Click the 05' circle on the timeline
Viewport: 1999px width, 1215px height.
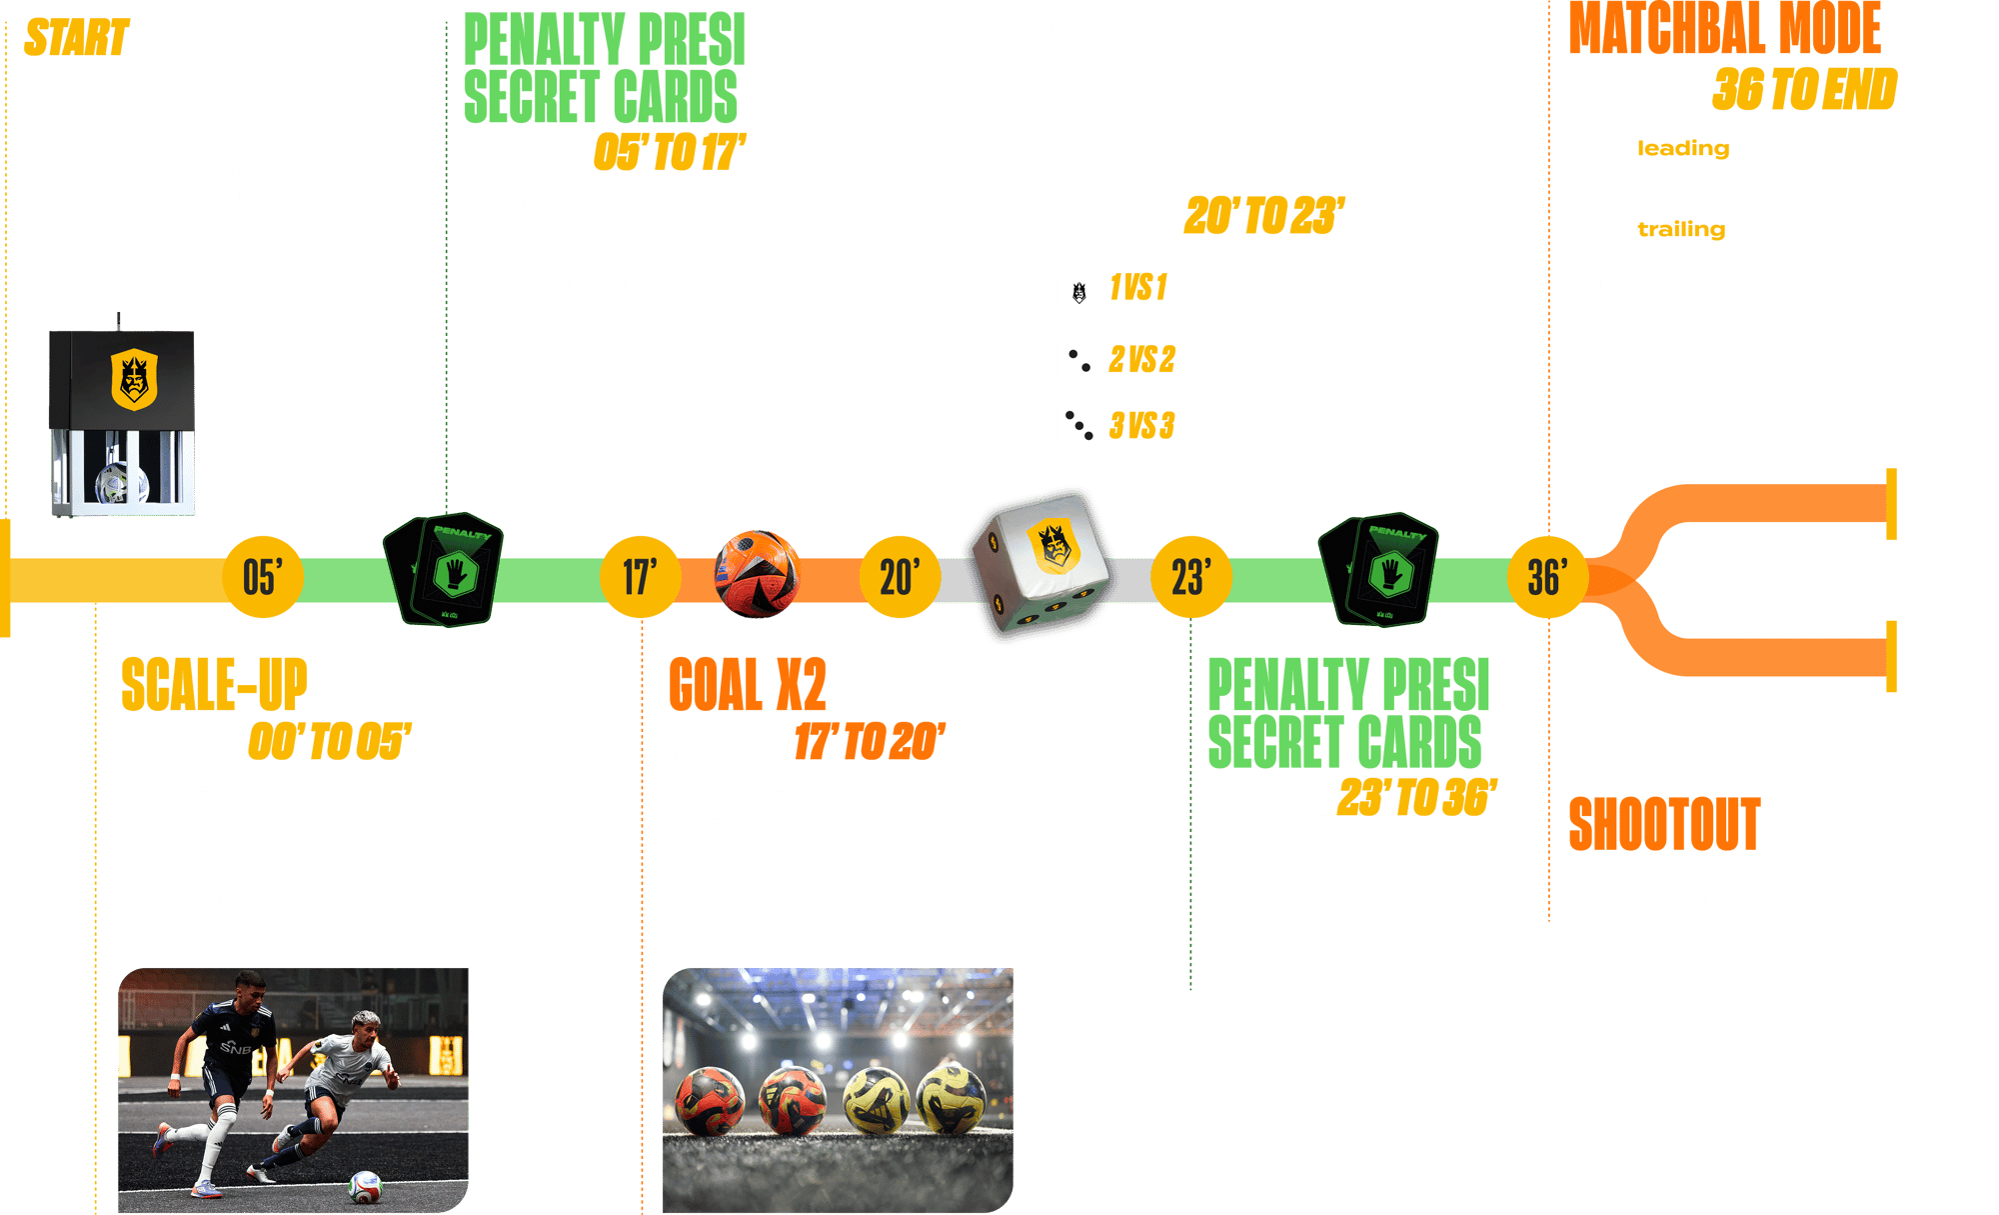[x=263, y=577]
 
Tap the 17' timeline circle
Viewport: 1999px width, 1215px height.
[x=640, y=577]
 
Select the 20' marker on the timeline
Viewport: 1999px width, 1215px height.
[x=899, y=577]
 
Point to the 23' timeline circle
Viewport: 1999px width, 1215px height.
[x=1191, y=577]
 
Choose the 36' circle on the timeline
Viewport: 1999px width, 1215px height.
[x=1547, y=577]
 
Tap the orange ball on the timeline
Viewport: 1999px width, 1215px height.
[x=757, y=574]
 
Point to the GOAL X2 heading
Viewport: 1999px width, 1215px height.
[x=747, y=685]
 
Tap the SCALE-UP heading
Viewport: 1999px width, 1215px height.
[x=214, y=685]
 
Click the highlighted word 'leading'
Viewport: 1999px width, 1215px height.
[x=1682, y=149]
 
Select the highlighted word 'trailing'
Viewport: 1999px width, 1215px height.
[x=1681, y=230]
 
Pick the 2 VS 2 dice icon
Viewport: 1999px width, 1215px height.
[x=1078, y=359]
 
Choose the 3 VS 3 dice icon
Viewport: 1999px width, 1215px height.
[x=1078, y=426]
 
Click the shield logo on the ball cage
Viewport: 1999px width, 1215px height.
[x=133, y=379]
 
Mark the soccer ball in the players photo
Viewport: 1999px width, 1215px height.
[x=364, y=1186]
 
